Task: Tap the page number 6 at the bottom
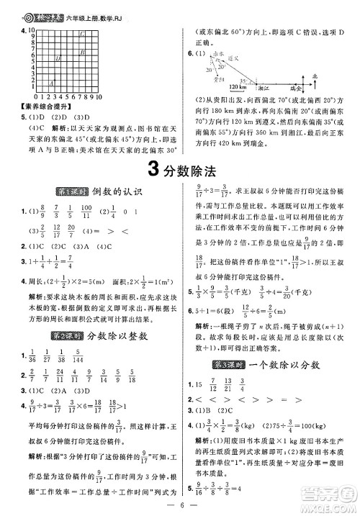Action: pos(179,505)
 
